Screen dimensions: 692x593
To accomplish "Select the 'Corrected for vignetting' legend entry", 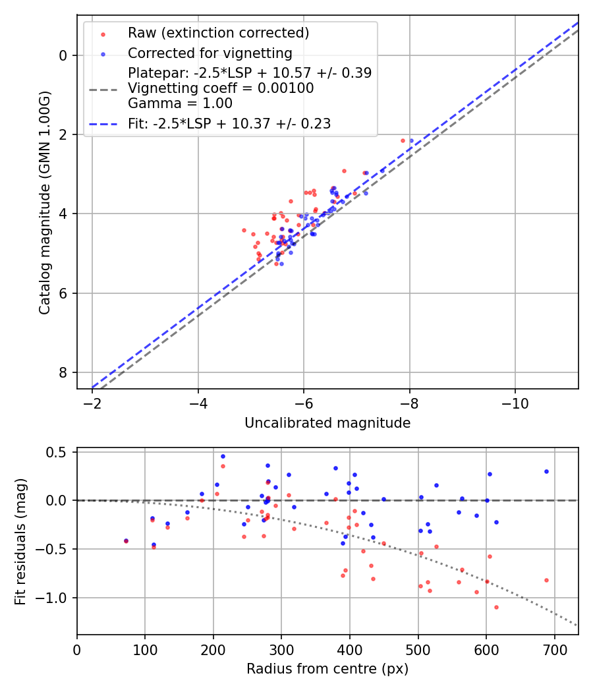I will click(x=210, y=53).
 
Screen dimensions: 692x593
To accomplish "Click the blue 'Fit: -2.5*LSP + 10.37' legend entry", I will click(x=229, y=123).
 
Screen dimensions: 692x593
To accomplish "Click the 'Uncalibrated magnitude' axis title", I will click(x=327, y=423).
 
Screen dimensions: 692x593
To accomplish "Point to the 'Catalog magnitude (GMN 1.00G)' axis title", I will click(x=44, y=202).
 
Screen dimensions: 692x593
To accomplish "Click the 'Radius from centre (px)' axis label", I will click(x=327, y=669).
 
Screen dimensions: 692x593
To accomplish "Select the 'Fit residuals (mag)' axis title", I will click(x=20, y=541).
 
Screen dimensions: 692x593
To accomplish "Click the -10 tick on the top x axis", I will click(x=515, y=403).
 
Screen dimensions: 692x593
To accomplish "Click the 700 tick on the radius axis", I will click(x=554, y=649).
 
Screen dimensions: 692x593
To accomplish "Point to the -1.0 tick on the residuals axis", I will click(x=57, y=598).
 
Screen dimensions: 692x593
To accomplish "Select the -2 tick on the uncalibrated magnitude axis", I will click(x=92, y=403).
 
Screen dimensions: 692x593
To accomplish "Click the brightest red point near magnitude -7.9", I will click(x=403, y=140).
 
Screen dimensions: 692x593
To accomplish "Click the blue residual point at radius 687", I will click(x=546, y=471).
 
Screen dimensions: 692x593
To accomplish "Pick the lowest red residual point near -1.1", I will click(x=496, y=607).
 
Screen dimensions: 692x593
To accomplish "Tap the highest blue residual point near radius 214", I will click(x=223, y=456).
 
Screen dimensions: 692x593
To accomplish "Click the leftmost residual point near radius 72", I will click(x=126, y=540).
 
